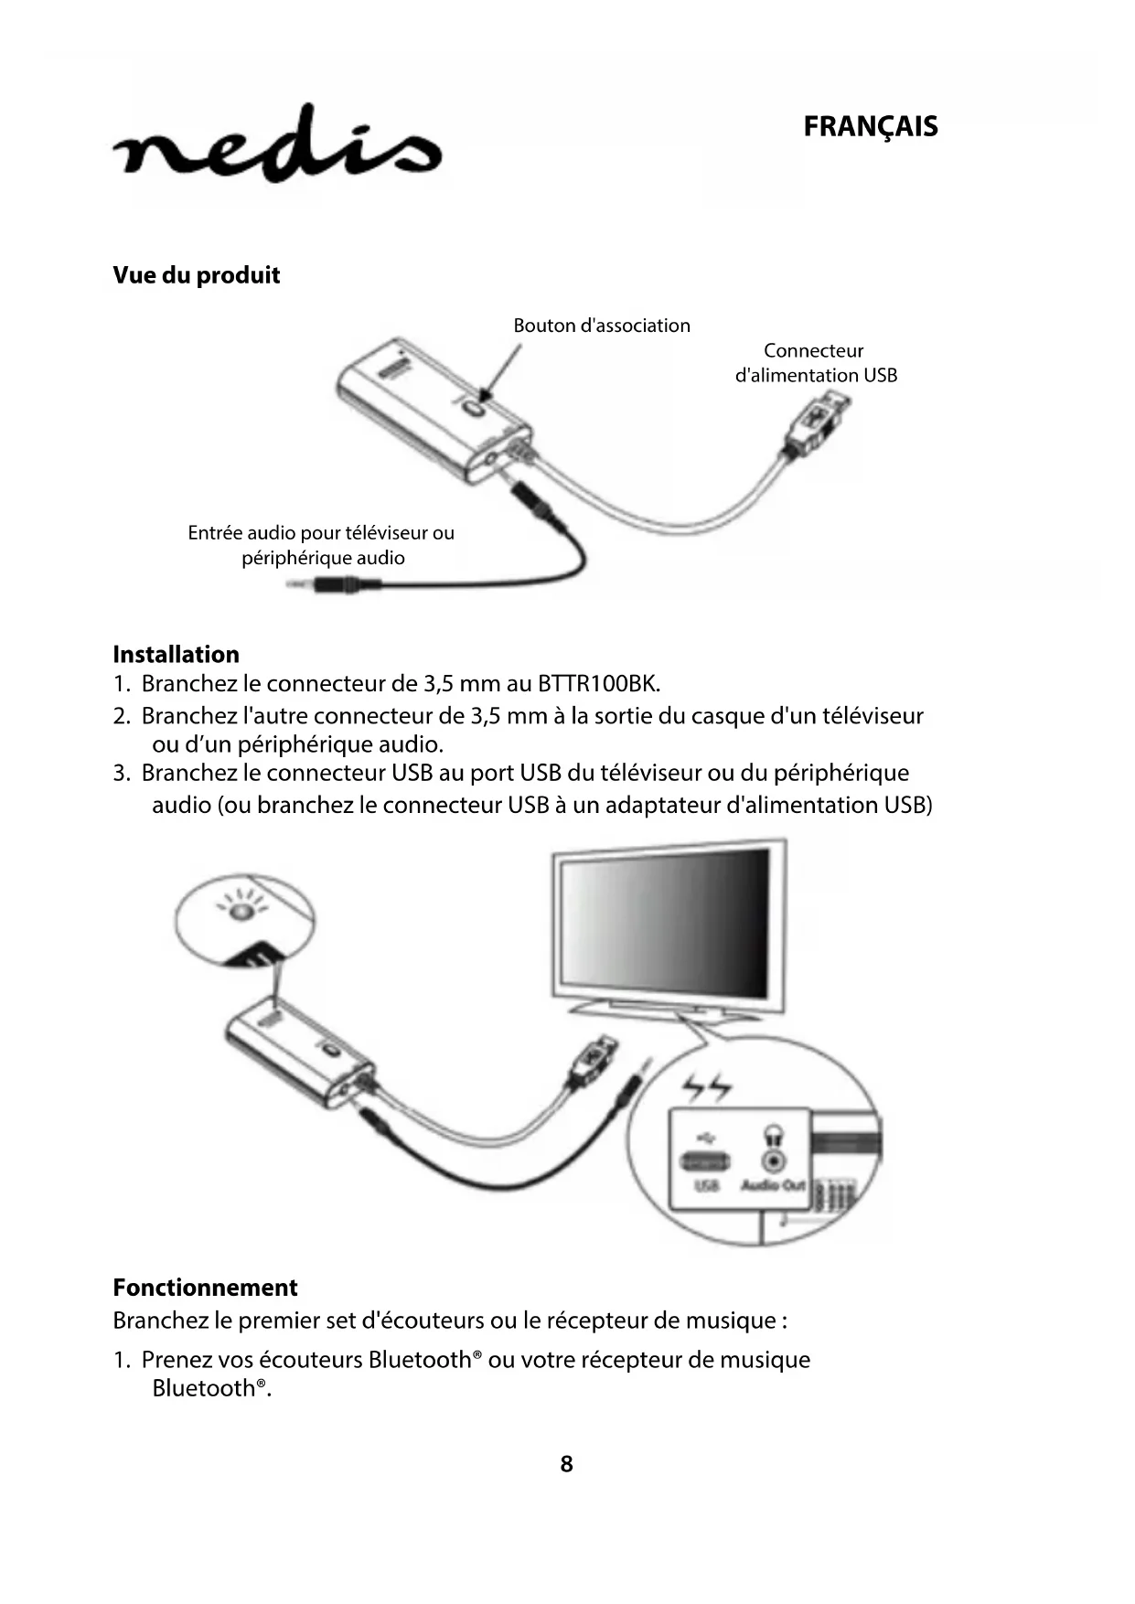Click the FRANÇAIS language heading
coord(870,126)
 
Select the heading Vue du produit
coord(196,275)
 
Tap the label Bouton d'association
coord(601,326)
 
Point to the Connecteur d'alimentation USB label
coord(815,363)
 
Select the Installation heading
coord(176,655)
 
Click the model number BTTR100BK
coord(596,684)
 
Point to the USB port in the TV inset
coord(705,1161)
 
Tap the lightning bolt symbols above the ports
coord(707,1087)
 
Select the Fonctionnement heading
coord(205,1288)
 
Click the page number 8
coord(566,1464)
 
